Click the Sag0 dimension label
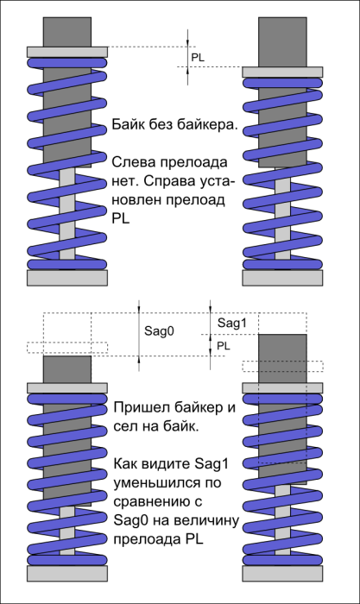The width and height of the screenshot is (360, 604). click(159, 330)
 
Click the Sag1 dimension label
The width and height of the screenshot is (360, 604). click(231, 323)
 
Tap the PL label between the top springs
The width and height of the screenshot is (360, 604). click(198, 58)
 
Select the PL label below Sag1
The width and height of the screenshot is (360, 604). click(224, 346)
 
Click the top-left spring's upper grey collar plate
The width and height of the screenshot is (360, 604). click(67, 52)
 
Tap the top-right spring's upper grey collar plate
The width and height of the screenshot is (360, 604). click(282, 72)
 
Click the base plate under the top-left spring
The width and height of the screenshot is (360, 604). click(67, 277)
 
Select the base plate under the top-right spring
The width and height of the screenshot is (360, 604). click(282, 277)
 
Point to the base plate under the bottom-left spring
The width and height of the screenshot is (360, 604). click(67, 573)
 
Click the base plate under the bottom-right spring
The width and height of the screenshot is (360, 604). click(282, 573)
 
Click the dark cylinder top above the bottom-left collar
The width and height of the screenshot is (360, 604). click(67, 369)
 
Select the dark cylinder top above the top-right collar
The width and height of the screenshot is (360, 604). click(282, 42)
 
